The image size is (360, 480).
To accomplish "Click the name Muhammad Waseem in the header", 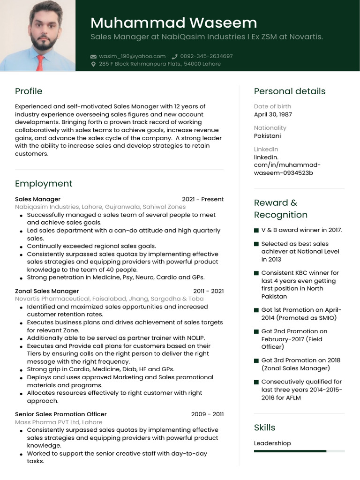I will [173, 22].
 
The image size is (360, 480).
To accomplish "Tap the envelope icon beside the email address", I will [93, 56].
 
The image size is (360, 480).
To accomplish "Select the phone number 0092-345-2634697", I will [206, 56].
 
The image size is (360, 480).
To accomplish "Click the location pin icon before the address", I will [93, 64].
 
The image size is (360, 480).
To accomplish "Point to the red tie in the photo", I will [40, 63].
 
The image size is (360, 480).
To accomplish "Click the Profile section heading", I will [29, 91].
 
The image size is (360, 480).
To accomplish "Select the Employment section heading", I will [44, 184].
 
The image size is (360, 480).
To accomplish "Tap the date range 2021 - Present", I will [202, 199].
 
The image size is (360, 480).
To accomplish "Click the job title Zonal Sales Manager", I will [47, 291].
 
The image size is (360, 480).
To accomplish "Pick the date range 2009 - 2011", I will [207, 414].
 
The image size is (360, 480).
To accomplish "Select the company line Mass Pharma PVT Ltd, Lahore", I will [59, 422].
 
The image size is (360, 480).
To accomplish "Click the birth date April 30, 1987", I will [273, 114].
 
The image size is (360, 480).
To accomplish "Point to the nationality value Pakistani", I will [268, 135].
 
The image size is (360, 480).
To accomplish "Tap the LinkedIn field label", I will [266, 149].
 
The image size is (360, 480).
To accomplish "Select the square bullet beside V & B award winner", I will [256, 230].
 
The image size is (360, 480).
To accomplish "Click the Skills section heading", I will [264, 427].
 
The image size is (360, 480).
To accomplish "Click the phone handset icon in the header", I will [175, 56].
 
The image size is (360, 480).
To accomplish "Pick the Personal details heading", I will [289, 91].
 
